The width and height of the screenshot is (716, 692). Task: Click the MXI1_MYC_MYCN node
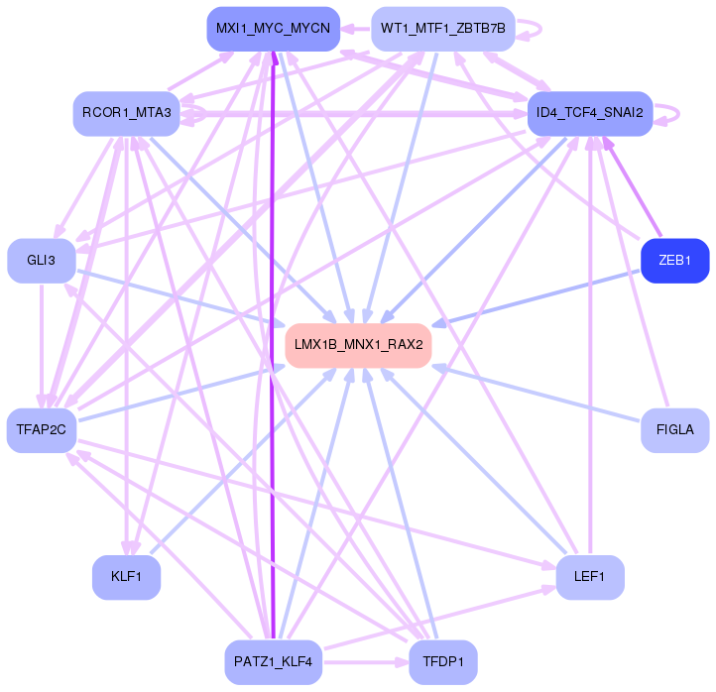coord(274,29)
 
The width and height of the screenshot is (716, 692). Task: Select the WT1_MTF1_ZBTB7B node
coord(442,29)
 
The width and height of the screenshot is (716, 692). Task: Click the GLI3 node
coord(41,261)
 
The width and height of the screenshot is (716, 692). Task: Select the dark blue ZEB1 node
coord(674,261)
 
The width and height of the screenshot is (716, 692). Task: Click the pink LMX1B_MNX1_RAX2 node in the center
coord(358,345)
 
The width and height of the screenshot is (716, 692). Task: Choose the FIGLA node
coord(674,429)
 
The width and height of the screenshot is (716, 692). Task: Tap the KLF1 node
coord(126,577)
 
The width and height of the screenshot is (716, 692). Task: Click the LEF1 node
coord(589,577)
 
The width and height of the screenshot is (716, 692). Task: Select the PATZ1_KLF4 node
coord(274,661)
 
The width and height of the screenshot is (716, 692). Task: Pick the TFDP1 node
coord(442,661)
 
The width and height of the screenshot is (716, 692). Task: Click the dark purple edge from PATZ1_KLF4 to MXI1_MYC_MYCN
coord(273,347)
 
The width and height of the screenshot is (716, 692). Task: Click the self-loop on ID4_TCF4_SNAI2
coord(679,114)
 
